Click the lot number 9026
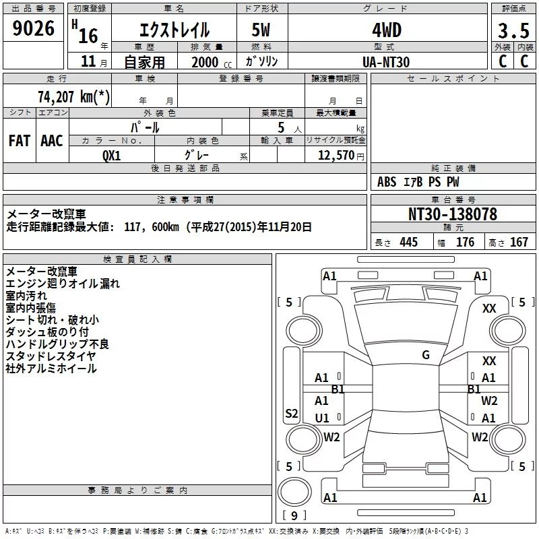pos(33,28)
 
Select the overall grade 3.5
pos(513,30)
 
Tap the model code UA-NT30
pos(386,62)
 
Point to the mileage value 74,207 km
pos(73,96)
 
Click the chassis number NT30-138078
pos(453,214)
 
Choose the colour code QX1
pos(111,156)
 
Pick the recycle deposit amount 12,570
pos(336,156)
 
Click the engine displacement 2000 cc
pos(212,62)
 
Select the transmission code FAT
pos(20,141)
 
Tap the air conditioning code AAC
pos(52,141)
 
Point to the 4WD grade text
pos(387,30)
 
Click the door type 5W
pos(261,30)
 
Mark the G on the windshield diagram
pos(426,355)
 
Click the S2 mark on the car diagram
pos(292,413)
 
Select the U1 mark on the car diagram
pos(322,418)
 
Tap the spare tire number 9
pos(294,515)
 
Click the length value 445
pos(409,242)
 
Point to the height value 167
pos(519,242)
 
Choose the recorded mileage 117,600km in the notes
pos(152,227)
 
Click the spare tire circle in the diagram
pos(279,492)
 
